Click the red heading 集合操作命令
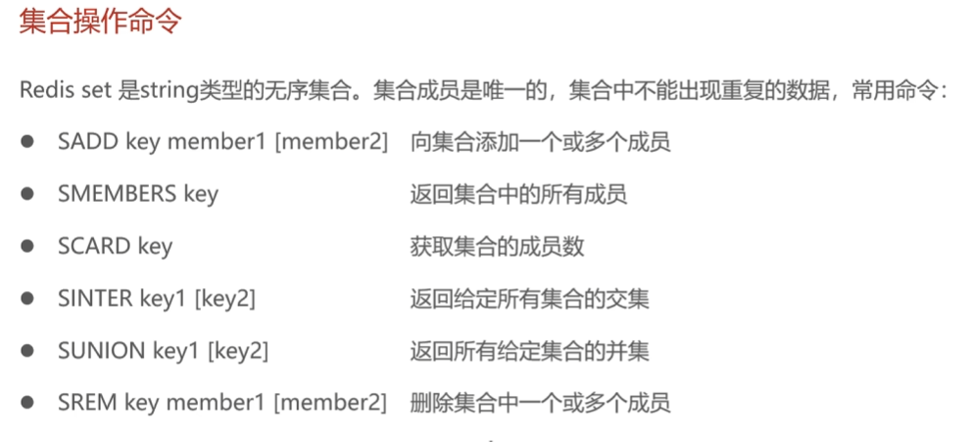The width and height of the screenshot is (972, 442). [100, 23]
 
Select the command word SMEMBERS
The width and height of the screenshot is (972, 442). [117, 193]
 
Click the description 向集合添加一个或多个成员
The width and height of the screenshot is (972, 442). [540, 141]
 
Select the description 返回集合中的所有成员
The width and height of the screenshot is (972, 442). [518, 193]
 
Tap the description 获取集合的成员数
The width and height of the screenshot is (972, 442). [497, 246]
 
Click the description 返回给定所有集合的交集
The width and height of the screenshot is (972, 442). [529, 298]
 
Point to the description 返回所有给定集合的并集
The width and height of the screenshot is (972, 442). [529, 350]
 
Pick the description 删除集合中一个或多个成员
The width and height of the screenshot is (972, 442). [540, 402]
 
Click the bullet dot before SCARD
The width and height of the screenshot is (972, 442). [28, 245]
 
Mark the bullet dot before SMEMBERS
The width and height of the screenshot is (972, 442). [28, 193]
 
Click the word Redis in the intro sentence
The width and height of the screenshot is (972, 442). [45, 90]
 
